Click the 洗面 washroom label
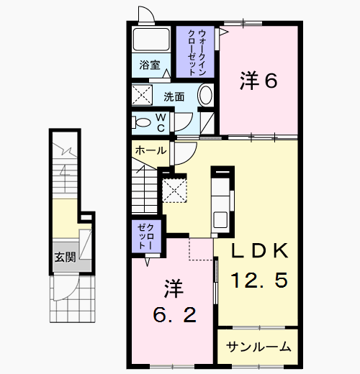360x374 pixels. coord(174,95)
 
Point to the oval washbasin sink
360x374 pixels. coord(204,95)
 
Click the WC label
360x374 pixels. coord(161,122)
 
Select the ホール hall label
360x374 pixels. coord(149,150)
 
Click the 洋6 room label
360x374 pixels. coord(258,81)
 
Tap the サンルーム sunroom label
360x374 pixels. coord(258,347)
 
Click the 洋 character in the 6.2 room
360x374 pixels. coord(174,290)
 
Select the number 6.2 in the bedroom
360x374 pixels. coord(173,315)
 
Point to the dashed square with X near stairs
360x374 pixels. coord(174,190)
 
